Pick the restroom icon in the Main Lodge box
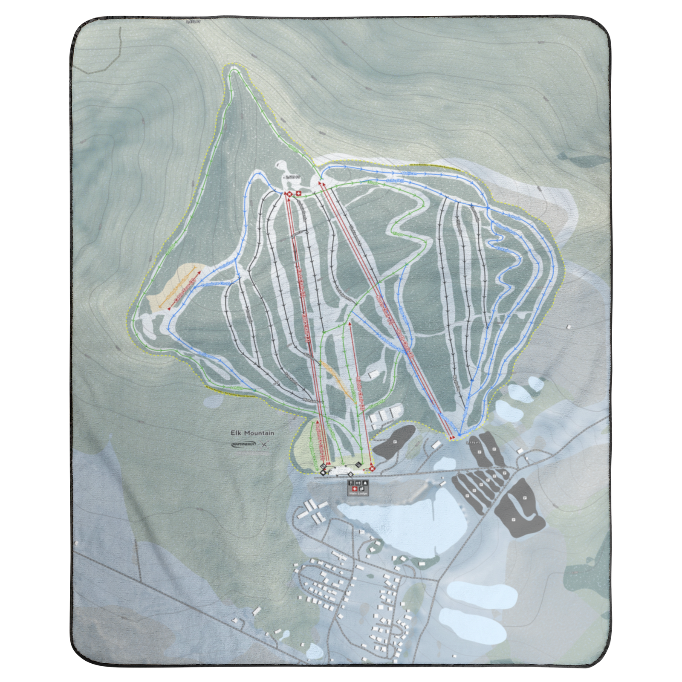359,483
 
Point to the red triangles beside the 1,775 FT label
454,437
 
